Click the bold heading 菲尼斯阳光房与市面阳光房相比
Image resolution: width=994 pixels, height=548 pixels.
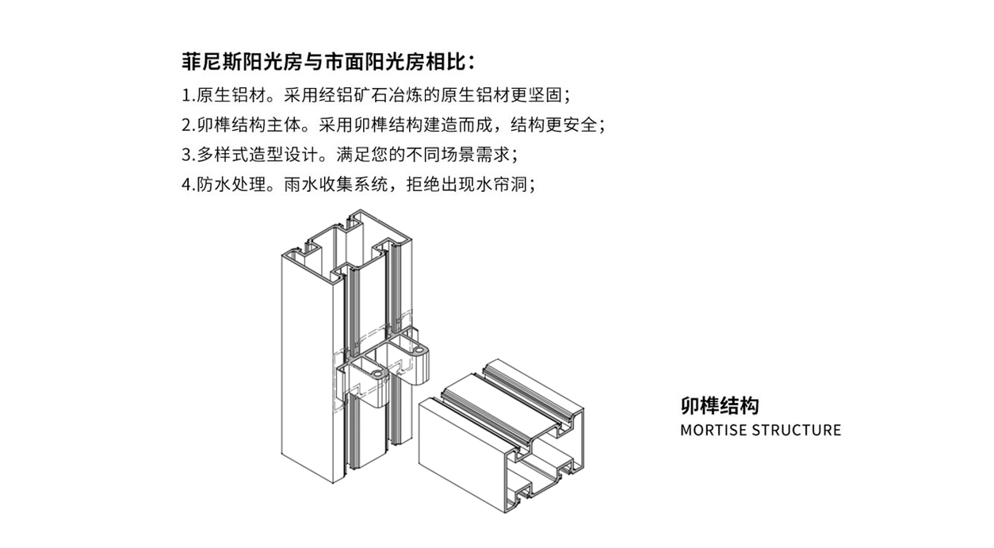coord(323,61)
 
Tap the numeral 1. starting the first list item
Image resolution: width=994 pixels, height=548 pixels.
coord(188,95)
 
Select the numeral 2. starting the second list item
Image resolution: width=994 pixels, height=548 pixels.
coord(188,125)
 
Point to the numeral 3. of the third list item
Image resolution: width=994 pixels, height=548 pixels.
coord(188,155)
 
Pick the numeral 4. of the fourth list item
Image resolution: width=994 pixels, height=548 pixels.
coord(188,185)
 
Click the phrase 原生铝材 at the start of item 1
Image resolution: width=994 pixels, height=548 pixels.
coord(231,95)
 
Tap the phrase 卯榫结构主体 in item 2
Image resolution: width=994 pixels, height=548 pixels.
coord(249,125)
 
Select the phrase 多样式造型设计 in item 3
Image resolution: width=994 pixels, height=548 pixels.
coord(257,155)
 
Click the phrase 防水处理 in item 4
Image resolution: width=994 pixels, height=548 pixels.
coord(231,185)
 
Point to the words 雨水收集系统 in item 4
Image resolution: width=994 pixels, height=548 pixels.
coord(336,185)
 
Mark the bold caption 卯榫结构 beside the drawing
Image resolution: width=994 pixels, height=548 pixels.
coord(719,406)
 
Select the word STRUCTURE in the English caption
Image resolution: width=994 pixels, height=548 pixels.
coord(797,431)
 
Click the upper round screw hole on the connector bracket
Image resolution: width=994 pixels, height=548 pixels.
coord(418,351)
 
